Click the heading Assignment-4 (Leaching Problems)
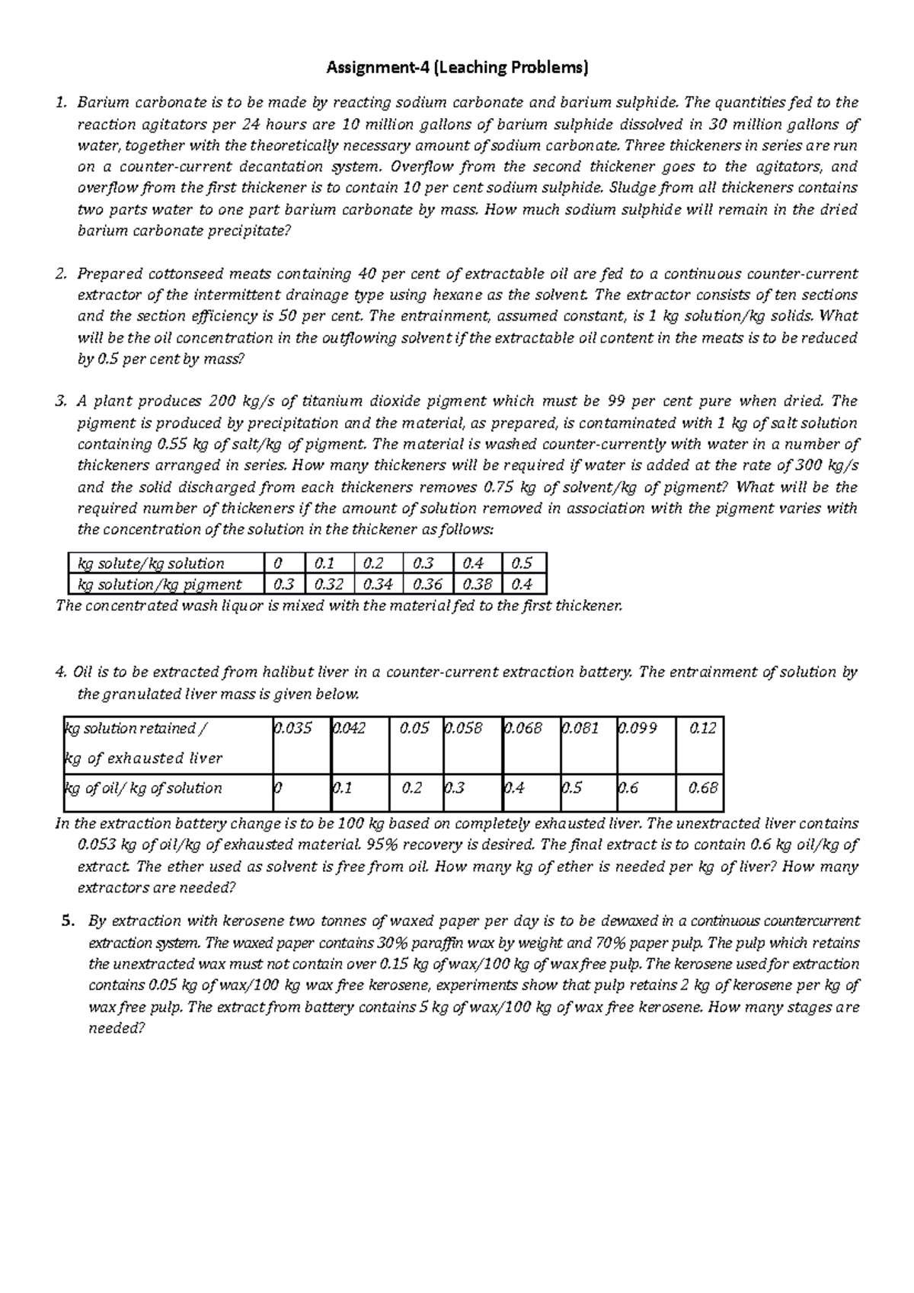457,69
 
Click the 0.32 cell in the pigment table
328,585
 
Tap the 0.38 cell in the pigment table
477,585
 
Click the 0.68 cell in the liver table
702,788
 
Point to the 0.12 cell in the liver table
702,729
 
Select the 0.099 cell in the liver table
637,729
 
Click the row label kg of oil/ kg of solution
143,788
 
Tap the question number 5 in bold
66,921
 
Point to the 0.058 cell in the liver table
463,729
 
